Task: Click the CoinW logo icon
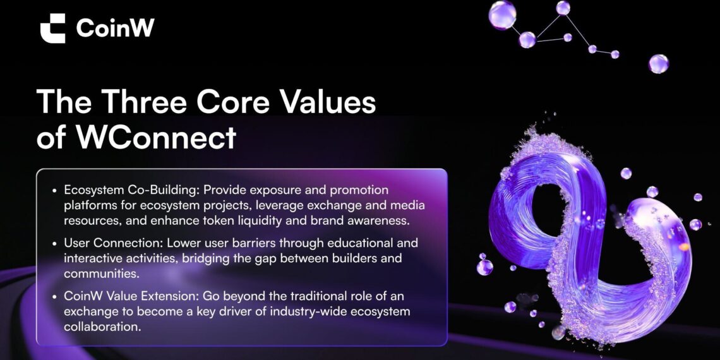(52, 28)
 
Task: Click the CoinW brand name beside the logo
(115, 28)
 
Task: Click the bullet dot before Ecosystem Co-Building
(54, 190)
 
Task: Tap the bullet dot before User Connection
(54, 243)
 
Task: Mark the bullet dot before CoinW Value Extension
(54, 297)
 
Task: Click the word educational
(351, 243)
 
